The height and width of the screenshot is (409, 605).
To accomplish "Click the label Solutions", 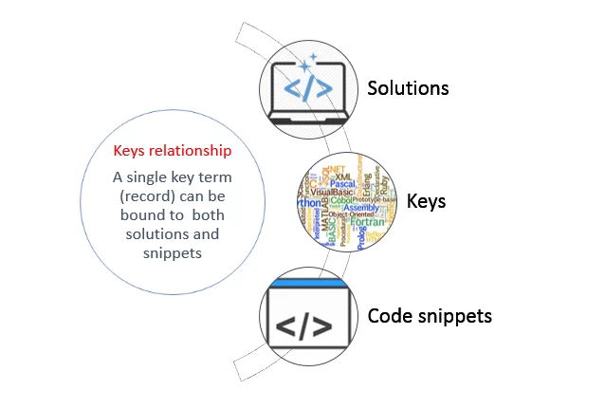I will (408, 88).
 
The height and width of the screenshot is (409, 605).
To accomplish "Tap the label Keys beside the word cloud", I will (426, 201).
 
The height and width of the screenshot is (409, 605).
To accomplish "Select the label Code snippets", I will (430, 316).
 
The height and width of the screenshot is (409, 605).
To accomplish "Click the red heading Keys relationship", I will (172, 150).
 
